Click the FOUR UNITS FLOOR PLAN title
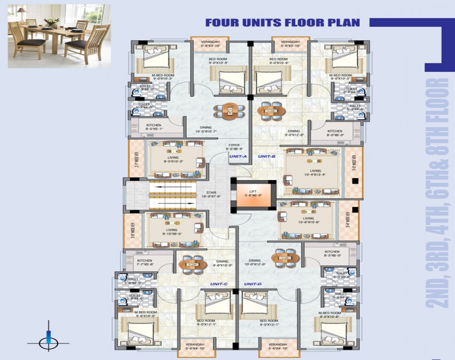(x=282, y=23)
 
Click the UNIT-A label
(x=238, y=156)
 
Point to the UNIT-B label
(x=267, y=156)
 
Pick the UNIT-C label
(x=219, y=284)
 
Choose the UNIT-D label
(x=253, y=284)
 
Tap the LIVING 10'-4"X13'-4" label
(x=315, y=172)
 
